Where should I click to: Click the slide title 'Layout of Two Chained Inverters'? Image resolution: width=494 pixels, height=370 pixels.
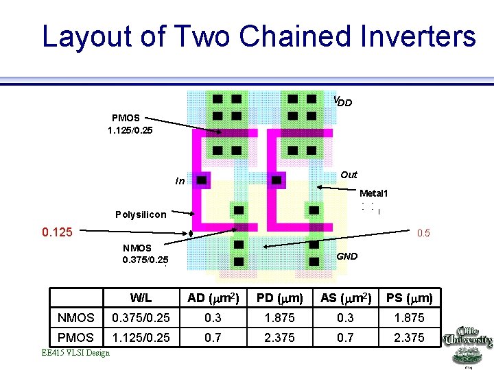coord(259,36)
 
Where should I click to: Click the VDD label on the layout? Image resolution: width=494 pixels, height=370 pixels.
coord(342,101)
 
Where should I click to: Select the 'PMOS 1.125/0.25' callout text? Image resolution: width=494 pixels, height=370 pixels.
coord(130,124)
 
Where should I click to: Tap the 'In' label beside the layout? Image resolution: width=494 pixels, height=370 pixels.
coord(179,182)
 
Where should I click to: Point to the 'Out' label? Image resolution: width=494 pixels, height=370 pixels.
coord(349,175)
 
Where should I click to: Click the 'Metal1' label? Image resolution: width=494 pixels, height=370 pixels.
coord(374,193)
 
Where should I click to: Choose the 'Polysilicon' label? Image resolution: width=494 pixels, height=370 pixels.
coord(141,214)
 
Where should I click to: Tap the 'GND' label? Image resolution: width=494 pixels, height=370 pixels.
coord(347,256)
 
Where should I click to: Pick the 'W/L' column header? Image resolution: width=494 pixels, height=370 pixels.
coord(141,298)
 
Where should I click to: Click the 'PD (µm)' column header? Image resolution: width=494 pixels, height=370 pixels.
coord(279,298)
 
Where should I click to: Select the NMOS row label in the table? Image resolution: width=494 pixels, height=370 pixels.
coord(75,318)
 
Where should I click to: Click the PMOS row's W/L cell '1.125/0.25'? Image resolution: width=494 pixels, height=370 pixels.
coord(141,338)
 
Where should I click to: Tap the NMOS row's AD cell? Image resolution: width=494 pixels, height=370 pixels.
coord(213,318)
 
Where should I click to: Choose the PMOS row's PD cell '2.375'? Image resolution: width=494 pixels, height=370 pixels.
coord(279,338)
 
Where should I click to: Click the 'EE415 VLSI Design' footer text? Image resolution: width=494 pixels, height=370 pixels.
coord(75,353)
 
